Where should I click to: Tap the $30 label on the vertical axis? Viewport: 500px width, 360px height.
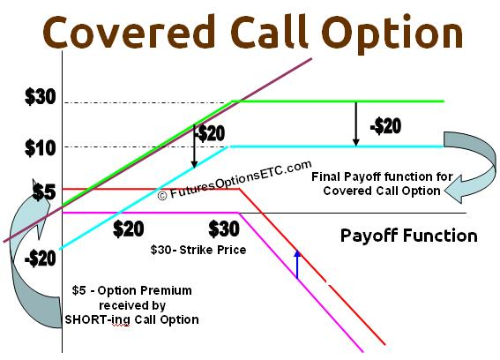(x=41, y=97)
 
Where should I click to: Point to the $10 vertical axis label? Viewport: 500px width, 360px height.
(x=41, y=148)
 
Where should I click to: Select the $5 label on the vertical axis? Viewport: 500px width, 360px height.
(x=44, y=192)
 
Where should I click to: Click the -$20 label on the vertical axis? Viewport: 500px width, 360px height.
(x=41, y=259)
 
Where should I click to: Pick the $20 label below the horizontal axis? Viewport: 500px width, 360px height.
(x=129, y=229)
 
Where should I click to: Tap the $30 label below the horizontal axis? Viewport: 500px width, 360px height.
(x=224, y=229)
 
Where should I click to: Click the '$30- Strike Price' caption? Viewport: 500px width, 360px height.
(x=198, y=250)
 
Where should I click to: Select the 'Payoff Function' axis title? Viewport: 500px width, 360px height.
(x=409, y=236)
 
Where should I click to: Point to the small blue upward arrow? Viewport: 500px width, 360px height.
(x=297, y=265)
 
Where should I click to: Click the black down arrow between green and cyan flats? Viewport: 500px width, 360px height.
(x=356, y=124)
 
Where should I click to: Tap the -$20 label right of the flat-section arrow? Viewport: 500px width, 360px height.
(x=385, y=126)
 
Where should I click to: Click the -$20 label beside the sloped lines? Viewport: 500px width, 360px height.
(x=210, y=133)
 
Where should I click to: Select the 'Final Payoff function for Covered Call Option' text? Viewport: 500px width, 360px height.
(x=382, y=184)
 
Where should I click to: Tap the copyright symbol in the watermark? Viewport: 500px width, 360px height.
(x=162, y=195)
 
